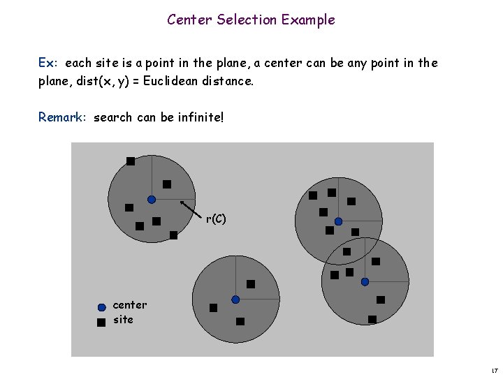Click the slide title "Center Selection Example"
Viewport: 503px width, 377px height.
coord(251,20)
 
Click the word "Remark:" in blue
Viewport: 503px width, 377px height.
coord(63,117)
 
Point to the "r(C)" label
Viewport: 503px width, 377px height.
coord(216,219)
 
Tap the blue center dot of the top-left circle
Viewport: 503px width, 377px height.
coord(152,199)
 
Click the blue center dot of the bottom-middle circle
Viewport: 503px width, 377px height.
coord(235,300)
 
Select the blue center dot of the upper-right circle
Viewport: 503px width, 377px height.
coord(338,221)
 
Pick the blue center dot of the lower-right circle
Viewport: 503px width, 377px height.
coord(365,281)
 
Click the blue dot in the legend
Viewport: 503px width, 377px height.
coord(101,306)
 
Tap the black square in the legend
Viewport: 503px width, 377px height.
coord(101,322)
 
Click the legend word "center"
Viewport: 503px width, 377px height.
coord(130,305)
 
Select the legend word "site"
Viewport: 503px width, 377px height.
coord(123,320)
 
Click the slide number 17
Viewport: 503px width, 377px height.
coord(493,369)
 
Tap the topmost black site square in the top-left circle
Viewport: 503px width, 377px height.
coord(131,161)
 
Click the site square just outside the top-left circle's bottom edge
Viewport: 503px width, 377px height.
coord(173,235)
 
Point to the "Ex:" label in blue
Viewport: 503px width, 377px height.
coord(48,63)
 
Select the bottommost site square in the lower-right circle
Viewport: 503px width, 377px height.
coord(372,319)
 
